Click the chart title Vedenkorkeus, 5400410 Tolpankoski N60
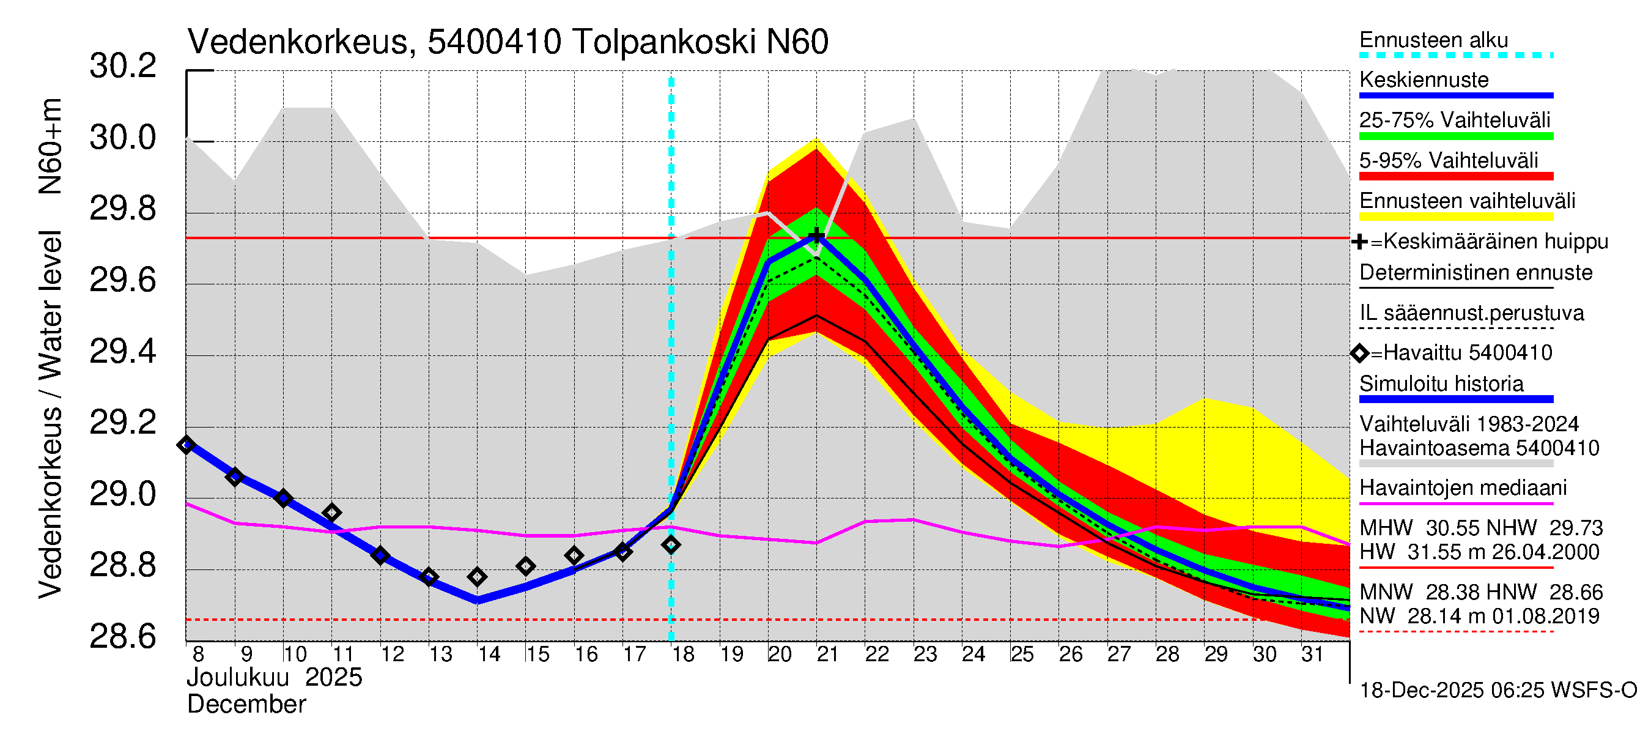(x=508, y=42)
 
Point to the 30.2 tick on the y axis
(x=122, y=66)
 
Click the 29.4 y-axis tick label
(x=122, y=352)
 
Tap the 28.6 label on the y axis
(x=122, y=637)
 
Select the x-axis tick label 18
(x=682, y=654)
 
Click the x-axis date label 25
(x=1022, y=654)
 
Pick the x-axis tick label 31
(x=1312, y=654)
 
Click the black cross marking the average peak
(x=816, y=236)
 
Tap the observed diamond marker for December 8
(x=187, y=445)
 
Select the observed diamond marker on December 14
(x=477, y=577)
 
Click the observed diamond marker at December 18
(x=671, y=546)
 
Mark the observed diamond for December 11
(x=331, y=513)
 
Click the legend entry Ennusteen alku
(x=1433, y=40)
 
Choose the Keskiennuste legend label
(x=1424, y=80)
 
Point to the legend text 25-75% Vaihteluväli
(x=1454, y=120)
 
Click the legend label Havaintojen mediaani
(x=1463, y=489)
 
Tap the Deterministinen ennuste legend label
(x=1476, y=273)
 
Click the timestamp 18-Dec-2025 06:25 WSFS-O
(x=1498, y=691)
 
